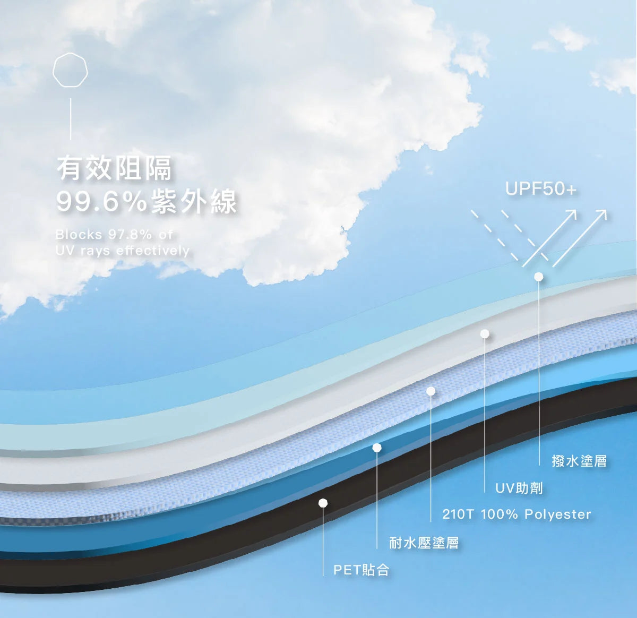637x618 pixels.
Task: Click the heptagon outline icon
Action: coord(71,70)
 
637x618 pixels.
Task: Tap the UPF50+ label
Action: coord(540,189)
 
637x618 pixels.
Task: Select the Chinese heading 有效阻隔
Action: coord(115,168)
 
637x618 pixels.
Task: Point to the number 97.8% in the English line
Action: coord(130,234)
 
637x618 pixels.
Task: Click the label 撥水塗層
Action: coord(579,461)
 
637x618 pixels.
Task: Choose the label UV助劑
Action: coord(519,487)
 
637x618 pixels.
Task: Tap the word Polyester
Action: coord(557,514)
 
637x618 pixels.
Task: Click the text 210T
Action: coord(458,514)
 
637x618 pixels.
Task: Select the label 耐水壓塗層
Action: coord(424,543)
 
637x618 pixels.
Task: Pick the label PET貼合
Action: coord(361,570)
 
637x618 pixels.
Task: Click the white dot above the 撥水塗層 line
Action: coord(538,277)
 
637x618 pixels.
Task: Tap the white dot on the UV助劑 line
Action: coord(484,333)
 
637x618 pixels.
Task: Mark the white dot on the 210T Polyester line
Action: coord(431,391)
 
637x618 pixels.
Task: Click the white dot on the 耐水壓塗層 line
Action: coord(377,448)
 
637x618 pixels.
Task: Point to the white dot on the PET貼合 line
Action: coord(323,503)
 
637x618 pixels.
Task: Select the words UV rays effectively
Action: coord(122,250)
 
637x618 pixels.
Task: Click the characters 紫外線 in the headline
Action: coord(194,202)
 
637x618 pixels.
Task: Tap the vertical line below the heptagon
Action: coord(71,119)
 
